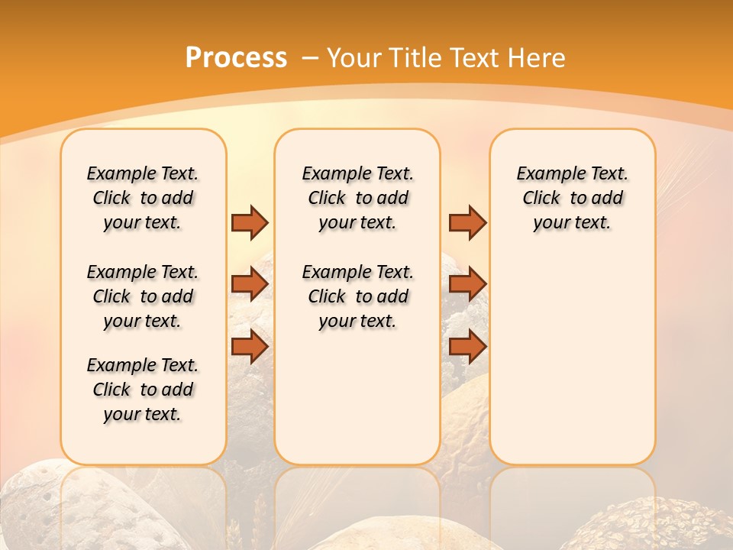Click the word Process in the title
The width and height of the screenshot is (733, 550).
coord(236,57)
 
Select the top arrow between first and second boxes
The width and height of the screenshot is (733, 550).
coord(250,222)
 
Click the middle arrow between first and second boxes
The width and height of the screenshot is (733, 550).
coord(250,284)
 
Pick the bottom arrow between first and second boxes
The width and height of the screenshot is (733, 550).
coord(250,346)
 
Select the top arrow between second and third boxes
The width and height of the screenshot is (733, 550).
coord(467,222)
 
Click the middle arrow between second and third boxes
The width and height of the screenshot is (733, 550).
coord(467,284)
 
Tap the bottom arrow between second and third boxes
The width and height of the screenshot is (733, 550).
coord(467,346)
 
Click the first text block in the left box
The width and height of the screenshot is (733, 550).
coord(143,198)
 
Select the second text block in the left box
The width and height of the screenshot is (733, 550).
coord(143,296)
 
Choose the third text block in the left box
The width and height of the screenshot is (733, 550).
coord(143,390)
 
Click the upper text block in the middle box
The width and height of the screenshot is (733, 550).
coord(357,198)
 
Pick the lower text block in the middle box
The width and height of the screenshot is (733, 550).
coord(357,296)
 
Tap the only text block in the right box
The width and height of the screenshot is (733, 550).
coord(572,198)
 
